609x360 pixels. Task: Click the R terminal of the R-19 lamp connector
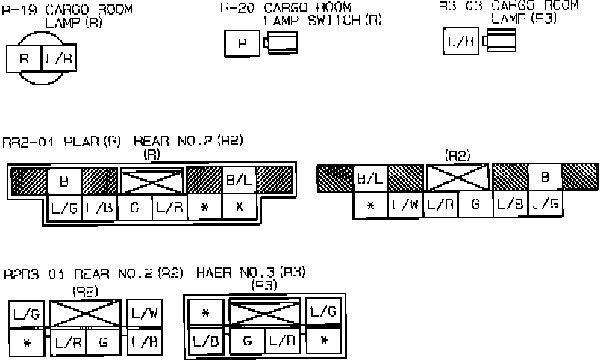[x=23, y=58]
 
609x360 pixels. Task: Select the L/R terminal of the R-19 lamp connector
[x=58, y=58]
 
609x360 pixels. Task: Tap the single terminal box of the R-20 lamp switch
[x=242, y=43]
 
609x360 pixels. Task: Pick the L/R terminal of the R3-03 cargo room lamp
[x=460, y=41]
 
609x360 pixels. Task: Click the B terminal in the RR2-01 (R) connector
[x=63, y=180]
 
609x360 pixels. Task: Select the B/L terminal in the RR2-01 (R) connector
[x=239, y=180]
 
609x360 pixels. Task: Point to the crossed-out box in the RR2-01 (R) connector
[x=152, y=181]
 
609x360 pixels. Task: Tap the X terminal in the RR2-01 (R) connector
[x=239, y=207]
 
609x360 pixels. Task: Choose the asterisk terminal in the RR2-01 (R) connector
[x=204, y=207]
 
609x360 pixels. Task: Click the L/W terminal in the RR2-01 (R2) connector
[x=405, y=204]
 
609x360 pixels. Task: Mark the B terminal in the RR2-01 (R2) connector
[x=545, y=178]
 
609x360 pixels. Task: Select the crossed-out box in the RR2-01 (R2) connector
[x=457, y=178]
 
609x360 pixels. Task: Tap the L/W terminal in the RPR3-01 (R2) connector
[x=145, y=312]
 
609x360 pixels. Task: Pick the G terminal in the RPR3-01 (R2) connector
[x=103, y=341]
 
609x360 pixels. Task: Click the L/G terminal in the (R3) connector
[x=324, y=311]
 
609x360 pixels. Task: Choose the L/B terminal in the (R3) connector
[x=205, y=341]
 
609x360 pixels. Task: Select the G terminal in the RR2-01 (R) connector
[x=134, y=207]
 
